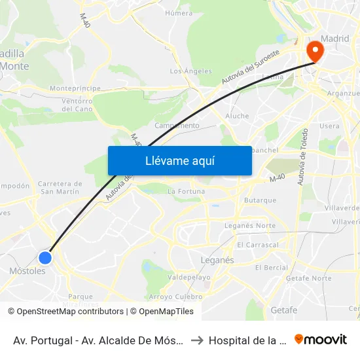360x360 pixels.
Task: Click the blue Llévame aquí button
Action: click(x=179, y=160)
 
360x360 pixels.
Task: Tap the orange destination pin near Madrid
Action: click(x=315, y=50)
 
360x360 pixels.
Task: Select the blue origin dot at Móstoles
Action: click(x=45, y=257)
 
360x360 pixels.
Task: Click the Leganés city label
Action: click(x=217, y=260)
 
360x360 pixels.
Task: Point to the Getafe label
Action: click(x=283, y=310)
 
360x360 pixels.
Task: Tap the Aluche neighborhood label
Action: click(x=237, y=116)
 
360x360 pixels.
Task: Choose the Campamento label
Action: click(x=177, y=125)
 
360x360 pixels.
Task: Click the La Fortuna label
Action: click(x=187, y=191)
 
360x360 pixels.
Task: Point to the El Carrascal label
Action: click(x=258, y=245)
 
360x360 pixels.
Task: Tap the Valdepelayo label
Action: click(x=189, y=277)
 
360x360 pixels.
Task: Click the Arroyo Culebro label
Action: click(x=180, y=296)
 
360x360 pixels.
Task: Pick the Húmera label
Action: click(x=179, y=12)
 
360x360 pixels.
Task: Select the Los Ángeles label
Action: click(x=191, y=71)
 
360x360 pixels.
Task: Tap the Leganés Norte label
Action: click(x=250, y=225)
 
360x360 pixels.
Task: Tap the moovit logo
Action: click(x=321, y=339)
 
